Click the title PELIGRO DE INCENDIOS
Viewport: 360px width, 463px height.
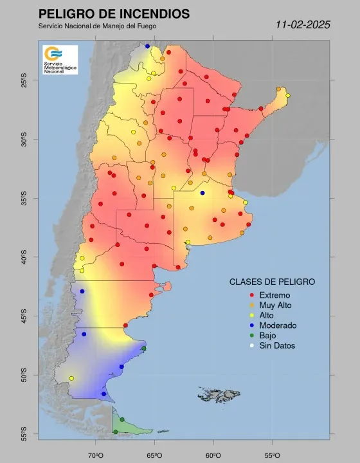[114, 14]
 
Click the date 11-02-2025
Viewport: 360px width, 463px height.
[302, 25]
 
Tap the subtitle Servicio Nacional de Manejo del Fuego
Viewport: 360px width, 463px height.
[97, 26]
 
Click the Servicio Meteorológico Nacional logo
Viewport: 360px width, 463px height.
[60, 59]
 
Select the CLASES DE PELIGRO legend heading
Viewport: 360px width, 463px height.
[272, 282]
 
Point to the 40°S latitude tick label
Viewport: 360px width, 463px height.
[24, 258]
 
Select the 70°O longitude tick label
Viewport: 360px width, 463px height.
[96, 455]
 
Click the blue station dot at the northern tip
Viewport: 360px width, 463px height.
[147, 46]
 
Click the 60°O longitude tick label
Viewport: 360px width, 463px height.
[213, 455]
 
